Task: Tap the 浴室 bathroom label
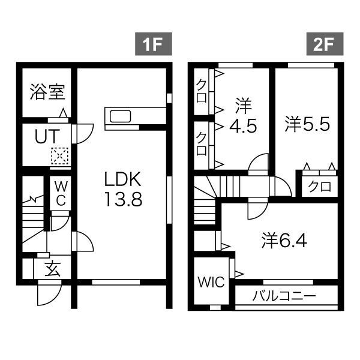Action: coord(47,93)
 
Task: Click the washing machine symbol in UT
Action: coord(59,156)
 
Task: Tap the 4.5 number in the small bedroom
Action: coord(242,127)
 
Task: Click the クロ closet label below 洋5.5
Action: coord(319,187)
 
